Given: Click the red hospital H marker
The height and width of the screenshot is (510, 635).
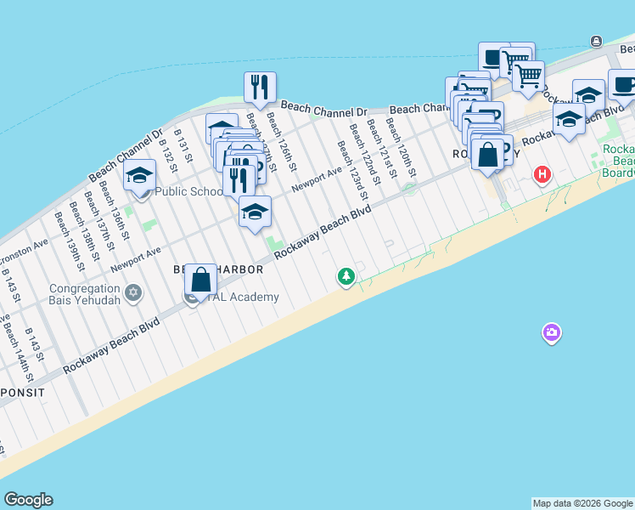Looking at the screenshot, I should (542, 176).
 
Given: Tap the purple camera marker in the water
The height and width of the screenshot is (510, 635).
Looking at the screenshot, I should (552, 332).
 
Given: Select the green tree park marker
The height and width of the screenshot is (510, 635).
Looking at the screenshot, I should (346, 276).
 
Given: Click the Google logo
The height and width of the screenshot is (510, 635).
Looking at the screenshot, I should (28, 500).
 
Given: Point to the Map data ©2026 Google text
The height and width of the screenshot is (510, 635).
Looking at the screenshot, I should (582, 503).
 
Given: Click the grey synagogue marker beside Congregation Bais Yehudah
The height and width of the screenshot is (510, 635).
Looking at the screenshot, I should (132, 293).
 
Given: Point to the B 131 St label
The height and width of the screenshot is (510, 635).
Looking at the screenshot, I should (183, 146).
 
